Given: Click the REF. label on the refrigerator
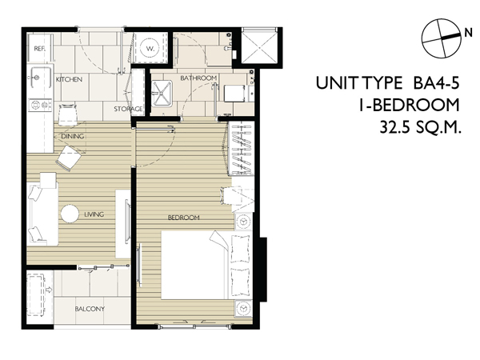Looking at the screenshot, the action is [x=40, y=48].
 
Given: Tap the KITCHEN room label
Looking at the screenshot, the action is [x=69, y=79].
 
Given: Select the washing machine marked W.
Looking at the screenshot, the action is [x=150, y=48].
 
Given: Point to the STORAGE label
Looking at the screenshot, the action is [x=128, y=109].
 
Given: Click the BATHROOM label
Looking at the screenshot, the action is [x=198, y=78].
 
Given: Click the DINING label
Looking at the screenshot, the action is [x=73, y=136].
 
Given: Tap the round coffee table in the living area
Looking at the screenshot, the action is [x=70, y=214].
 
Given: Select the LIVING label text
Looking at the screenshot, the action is [x=94, y=214].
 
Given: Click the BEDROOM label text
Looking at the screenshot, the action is [x=184, y=218].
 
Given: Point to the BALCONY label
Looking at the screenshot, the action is [x=90, y=309].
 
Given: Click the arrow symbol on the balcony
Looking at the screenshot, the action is [x=49, y=290].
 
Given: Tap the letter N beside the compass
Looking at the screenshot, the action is [x=468, y=33].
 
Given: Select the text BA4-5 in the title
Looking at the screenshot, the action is [x=437, y=83].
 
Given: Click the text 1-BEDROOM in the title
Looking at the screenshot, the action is [x=410, y=105].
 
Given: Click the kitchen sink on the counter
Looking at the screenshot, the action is [x=40, y=78].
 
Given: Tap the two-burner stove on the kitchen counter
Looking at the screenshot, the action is [x=40, y=105].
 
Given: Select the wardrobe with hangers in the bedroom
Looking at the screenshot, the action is [x=242, y=149].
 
